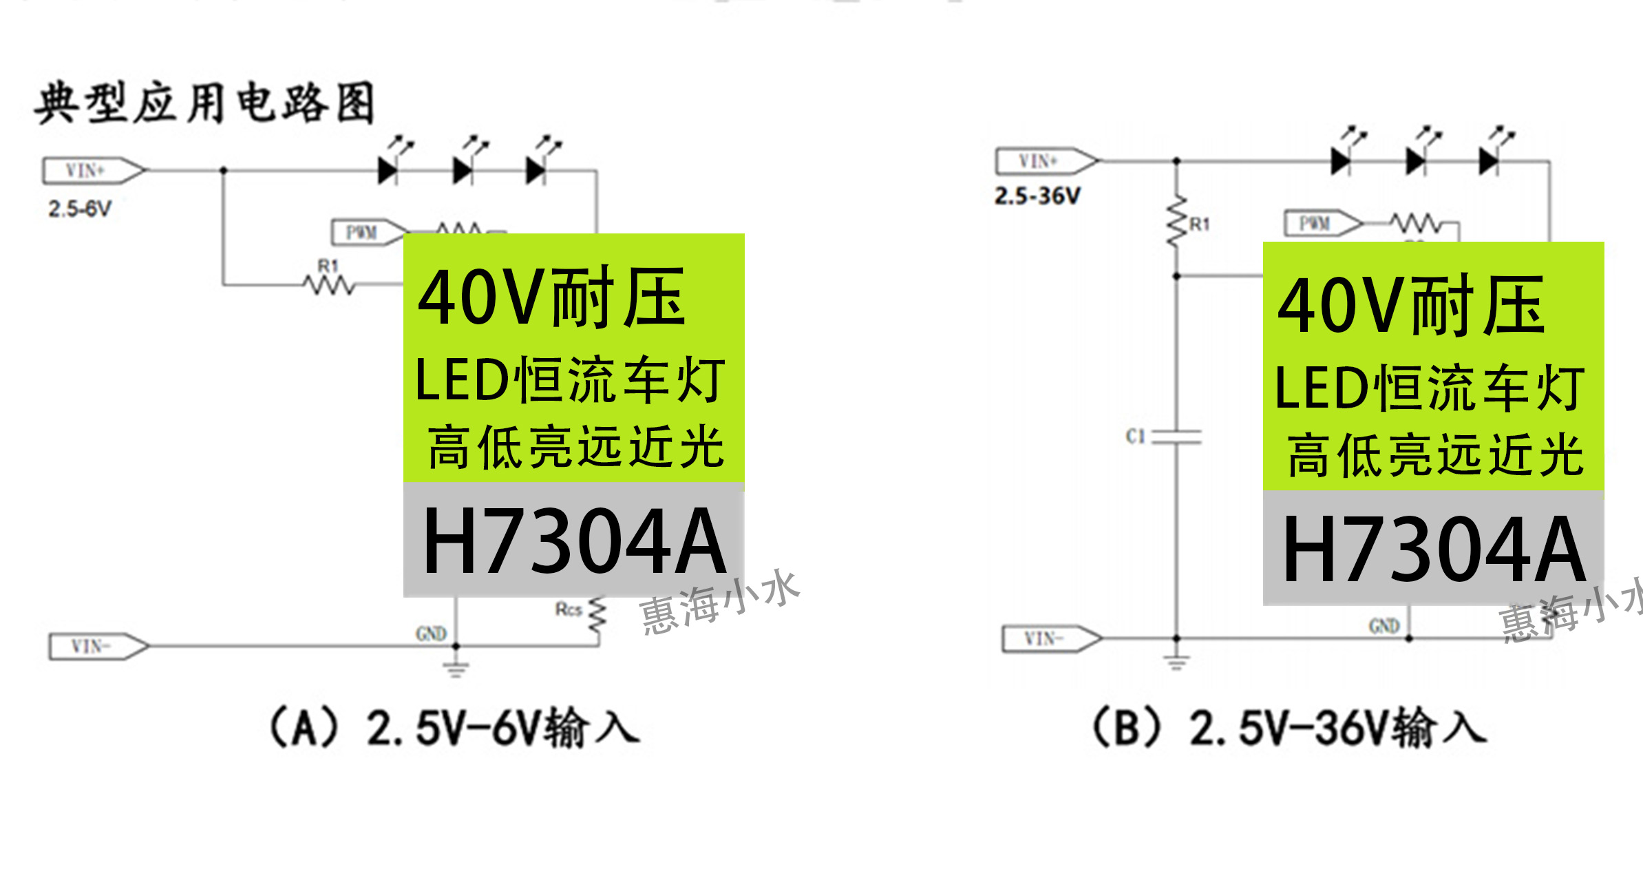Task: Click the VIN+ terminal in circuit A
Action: [x=94, y=171]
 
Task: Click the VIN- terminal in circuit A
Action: [x=98, y=647]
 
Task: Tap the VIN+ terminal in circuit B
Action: [x=1046, y=161]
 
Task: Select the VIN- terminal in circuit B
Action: [x=1050, y=638]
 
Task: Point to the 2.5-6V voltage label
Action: [x=79, y=209]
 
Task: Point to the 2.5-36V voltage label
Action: [x=1037, y=196]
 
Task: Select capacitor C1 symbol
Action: [x=1176, y=437]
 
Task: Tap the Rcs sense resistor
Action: [x=597, y=615]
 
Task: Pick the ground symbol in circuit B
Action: [x=1176, y=662]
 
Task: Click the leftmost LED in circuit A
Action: [x=389, y=170]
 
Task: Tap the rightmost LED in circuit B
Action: [x=1489, y=162]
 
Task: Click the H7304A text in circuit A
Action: [x=574, y=541]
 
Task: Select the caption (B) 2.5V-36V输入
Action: [x=1291, y=727]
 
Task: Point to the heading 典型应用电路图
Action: [x=205, y=103]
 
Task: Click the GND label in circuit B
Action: [x=1384, y=626]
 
